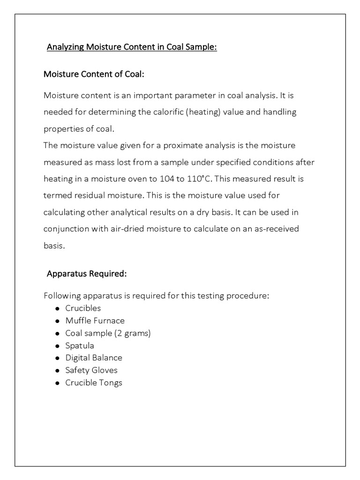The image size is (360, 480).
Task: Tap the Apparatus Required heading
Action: point(87,274)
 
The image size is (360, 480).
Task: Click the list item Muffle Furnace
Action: point(95,321)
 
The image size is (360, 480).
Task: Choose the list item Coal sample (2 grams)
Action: point(108,333)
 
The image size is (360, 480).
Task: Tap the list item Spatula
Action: point(80,345)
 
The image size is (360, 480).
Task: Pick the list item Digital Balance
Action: point(94,358)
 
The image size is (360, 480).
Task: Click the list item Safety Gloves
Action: point(91,370)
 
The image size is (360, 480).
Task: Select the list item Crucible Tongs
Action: point(94,382)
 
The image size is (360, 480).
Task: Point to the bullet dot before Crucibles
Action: point(57,309)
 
